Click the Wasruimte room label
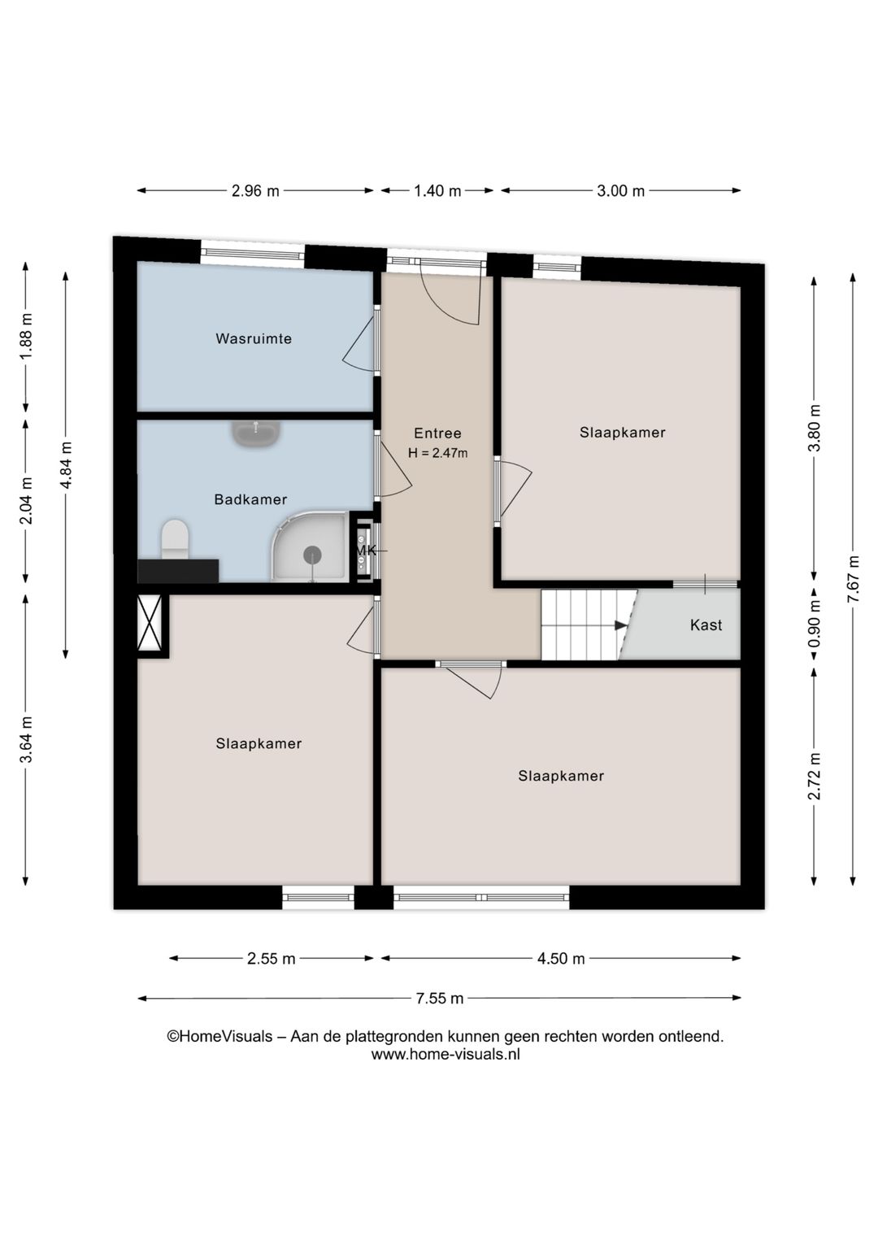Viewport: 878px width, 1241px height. coord(253,338)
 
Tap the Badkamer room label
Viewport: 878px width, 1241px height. coord(250,499)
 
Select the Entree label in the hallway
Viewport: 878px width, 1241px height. coord(437,433)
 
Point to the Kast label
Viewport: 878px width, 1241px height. coord(706,625)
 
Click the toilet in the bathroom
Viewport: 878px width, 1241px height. coord(175,540)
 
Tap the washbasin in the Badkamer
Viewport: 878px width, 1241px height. coord(256,432)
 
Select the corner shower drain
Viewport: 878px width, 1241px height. coord(312,555)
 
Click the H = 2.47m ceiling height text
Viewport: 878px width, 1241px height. coord(437,453)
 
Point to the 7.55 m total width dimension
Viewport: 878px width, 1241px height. coord(439,998)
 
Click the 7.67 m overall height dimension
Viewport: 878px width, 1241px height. coord(853,579)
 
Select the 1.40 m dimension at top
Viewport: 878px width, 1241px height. coord(437,191)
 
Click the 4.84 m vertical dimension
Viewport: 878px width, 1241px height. coord(66,465)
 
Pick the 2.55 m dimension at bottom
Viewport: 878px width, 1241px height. coord(271,959)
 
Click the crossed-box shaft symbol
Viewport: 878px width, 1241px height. coord(150,623)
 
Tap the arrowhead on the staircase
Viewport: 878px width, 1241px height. coord(621,625)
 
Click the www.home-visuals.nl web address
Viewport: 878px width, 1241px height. coord(446,1055)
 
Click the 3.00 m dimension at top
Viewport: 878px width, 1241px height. coord(620,191)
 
